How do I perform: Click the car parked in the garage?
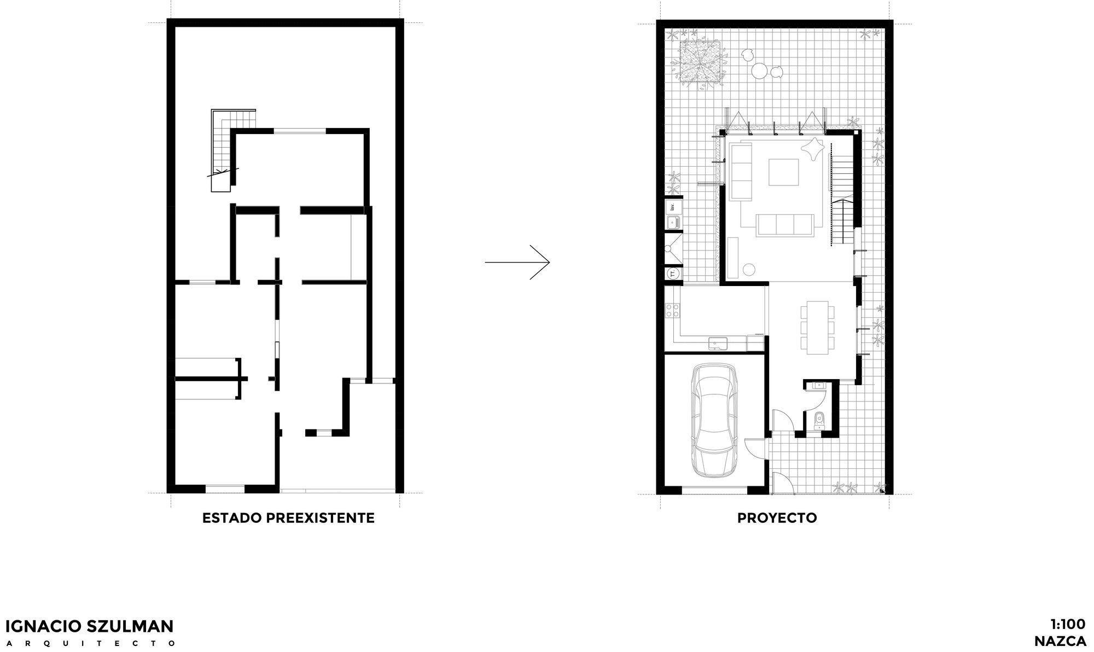point(714,422)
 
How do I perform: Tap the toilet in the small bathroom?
point(819,420)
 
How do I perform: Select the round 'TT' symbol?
point(673,273)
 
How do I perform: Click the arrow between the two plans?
point(517,263)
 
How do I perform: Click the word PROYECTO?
point(777,518)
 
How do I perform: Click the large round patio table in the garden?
point(759,71)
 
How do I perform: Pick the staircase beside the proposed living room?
point(842,194)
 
